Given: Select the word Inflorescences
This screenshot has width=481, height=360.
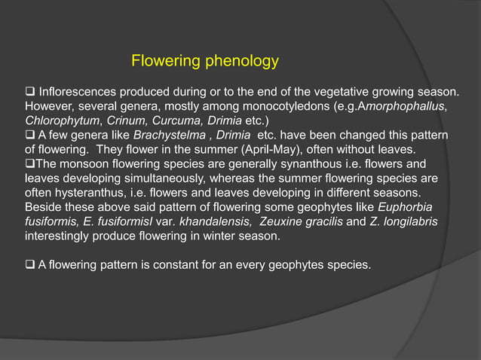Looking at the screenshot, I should point(78,92).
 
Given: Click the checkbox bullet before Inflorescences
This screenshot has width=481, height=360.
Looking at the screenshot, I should point(30,92).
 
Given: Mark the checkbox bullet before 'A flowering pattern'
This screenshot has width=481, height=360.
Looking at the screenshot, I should point(30,264).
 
